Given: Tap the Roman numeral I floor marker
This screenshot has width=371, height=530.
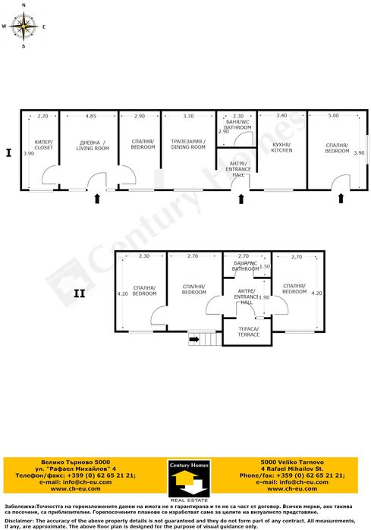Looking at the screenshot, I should tap(8, 152).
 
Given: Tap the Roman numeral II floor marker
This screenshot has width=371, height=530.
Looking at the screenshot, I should tap(79, 293).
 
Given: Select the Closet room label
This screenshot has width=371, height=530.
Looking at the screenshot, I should tap(44, 145).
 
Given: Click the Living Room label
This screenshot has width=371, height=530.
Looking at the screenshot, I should tap(93, 145).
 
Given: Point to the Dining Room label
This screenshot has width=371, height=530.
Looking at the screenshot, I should tap(187, 144).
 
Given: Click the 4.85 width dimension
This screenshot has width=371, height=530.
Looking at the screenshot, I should tap(90, 116).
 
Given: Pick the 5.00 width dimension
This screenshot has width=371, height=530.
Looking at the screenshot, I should tap(333, 116).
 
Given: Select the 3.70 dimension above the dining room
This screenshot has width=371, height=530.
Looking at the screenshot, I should tap(188, 116).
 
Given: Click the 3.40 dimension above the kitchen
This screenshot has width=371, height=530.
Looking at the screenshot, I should tap(281, 116).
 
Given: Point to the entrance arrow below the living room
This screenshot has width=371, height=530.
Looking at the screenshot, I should tap(97, 199).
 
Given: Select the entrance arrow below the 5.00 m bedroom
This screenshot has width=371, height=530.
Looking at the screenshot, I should tap(341, 199).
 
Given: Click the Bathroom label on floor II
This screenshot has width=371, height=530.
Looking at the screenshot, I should tap(245, 266).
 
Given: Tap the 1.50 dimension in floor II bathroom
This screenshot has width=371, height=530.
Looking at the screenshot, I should tap(264, 266).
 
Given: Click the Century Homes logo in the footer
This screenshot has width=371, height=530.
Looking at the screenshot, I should tap(185, 478).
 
